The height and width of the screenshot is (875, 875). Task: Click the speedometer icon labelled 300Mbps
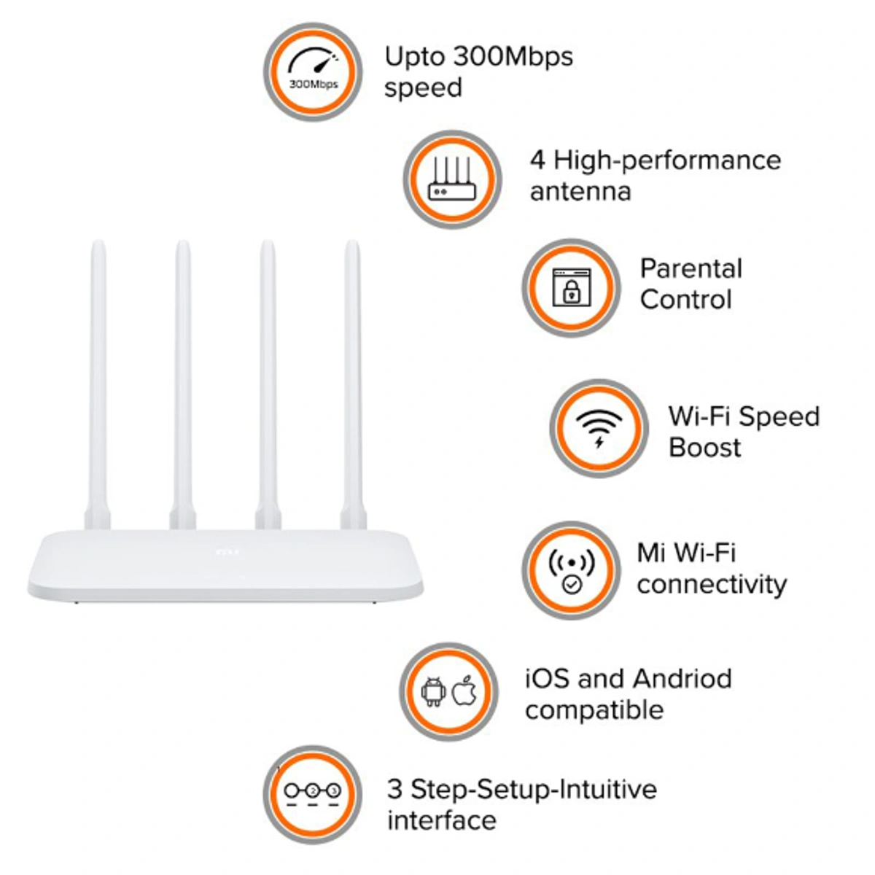313,71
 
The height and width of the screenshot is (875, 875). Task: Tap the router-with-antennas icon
452,179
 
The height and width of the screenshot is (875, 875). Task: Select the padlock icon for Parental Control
571,287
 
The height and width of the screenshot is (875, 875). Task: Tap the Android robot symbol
434,691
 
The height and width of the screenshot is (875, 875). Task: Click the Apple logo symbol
465,691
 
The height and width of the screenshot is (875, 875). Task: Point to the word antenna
580,192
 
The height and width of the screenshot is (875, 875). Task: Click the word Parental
691,268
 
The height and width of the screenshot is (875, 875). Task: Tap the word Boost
704,447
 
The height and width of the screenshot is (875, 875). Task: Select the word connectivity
712,584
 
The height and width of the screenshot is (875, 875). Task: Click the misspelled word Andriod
682,679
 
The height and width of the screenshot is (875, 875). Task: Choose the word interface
442,820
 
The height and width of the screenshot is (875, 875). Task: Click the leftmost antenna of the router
98,379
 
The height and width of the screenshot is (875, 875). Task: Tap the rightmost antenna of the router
353,379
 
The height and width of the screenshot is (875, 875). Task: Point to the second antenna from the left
182,379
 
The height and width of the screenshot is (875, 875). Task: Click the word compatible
594,710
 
